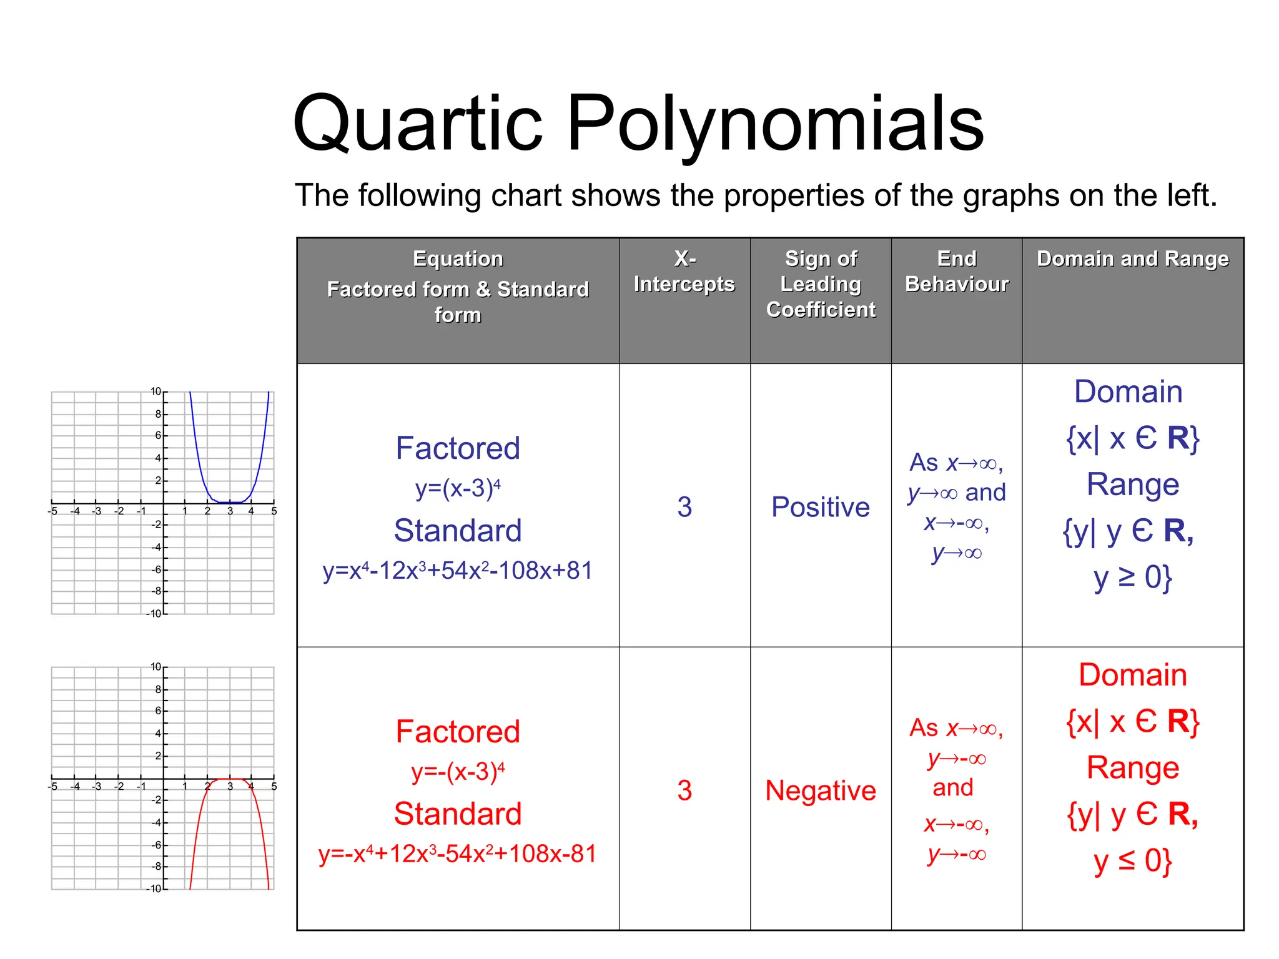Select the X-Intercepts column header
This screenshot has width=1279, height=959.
tap(684, 272)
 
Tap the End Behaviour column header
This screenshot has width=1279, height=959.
tap(956, 272)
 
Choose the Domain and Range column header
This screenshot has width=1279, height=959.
tap(1132, 258)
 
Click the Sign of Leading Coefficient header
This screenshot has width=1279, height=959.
tap(821, 284)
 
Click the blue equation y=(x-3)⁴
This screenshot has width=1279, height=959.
tap(458, 488)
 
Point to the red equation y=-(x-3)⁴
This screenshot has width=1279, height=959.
tap(458, 772)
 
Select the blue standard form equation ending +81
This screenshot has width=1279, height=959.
tap(458, 571)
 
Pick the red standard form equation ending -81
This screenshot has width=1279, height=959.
tap(458, 854)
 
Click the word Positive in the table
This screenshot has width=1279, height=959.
tap(821, 507)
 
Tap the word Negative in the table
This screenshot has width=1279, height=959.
tap(821, 790)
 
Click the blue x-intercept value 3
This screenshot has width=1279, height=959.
tap(684, 507)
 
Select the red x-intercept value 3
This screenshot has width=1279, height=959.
tap(684, 790)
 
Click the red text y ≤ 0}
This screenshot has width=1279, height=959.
tap(1132, 861)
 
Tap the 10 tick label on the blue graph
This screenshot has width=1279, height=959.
tap(156, 391)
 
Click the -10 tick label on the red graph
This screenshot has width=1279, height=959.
tap(154, 888)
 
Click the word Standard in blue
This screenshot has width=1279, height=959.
tap(458, 531)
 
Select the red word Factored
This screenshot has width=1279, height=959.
tap(458, 732)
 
